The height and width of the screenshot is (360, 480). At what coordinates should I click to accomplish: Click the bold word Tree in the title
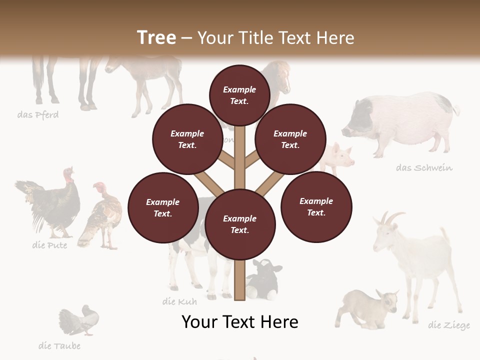pyautogui.click(x=156, y=37)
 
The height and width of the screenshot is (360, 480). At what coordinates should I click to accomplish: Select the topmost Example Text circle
pyautogui.click(x=239, y=94)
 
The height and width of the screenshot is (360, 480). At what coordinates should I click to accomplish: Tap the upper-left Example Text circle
pyautogui.click(x=187, y=139)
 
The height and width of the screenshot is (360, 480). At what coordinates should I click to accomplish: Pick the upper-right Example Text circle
pyautogui.click(x=290, y=139)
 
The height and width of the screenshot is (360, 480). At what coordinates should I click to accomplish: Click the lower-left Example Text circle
pyautogui.click(x=162, y=207)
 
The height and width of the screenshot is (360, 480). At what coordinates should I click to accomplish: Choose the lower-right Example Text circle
pyautogui.click(x=316, y=206)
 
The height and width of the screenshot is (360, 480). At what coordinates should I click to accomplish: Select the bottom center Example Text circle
pyautogui.click(x=239, y=224)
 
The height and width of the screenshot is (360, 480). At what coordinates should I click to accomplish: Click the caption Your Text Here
pyautogui.click(x=239, y=321)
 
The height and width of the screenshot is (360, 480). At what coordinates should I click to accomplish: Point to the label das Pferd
pyautogui.click(x=38, y=115)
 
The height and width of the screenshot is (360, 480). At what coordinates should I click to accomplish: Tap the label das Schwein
pyautogui.click(x=424, y=167)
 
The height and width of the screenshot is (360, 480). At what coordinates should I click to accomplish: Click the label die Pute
pyautogui.click(x=49, y=245)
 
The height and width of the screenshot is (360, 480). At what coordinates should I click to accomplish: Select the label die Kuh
pyautogui.click(x=179, y=301)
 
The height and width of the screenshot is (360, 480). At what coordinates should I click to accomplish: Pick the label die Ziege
pyautogui.click(x=448, y=325)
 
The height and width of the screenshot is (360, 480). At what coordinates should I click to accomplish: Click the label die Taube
pyautogui.click(x=59, y=345)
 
